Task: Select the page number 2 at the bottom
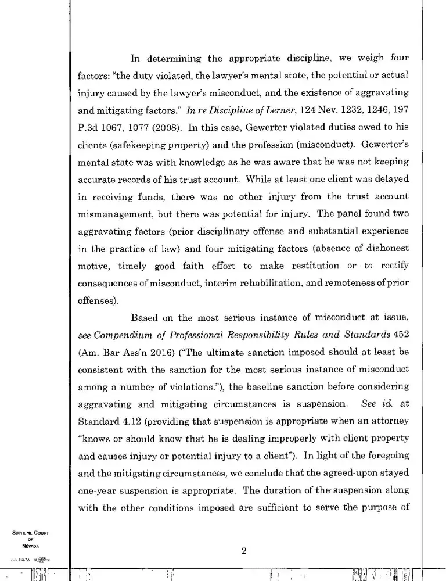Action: point(244,552)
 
